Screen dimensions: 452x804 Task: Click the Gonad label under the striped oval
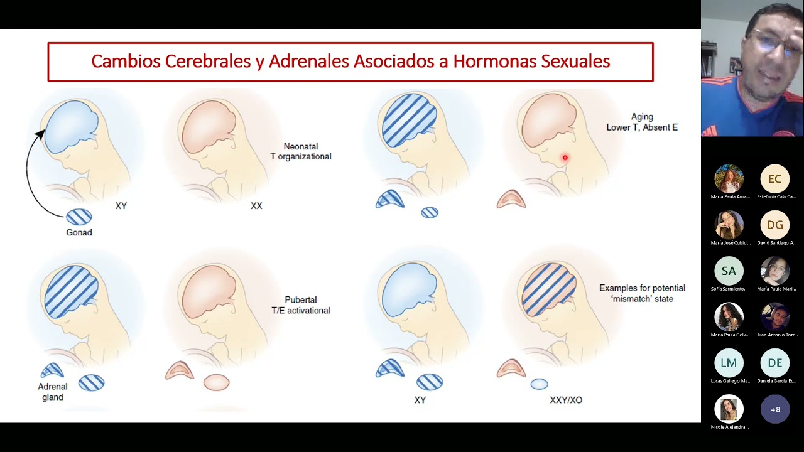[x=79, y=232]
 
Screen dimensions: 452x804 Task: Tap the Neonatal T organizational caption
[x=301, y=151]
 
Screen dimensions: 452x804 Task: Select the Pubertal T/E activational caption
[x=301, y=305]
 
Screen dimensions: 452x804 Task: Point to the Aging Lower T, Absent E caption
[x=642, y=122]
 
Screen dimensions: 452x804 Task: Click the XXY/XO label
[x=566, y=400]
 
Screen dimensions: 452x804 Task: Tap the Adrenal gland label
[x=53, y=392]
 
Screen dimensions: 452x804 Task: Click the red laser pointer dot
[x=565, y=158]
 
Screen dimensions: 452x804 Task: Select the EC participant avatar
[x=774, y=179]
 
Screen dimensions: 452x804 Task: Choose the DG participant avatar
[x=774, y=225]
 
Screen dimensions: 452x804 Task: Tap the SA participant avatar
[x=729, y=271]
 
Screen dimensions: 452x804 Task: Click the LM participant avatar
[x=729, y=363]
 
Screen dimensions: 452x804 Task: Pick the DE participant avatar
[x=774, y=363]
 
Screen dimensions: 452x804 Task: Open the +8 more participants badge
[x=774, y=409]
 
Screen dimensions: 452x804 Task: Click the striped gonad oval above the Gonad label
[x=79, y=217]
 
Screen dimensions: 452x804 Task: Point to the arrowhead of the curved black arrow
[x=41, y=133]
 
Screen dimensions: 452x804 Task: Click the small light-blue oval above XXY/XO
[x=539, y=384]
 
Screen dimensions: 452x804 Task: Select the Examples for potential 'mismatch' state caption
[x=642, y=293]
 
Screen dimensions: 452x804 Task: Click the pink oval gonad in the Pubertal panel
[x=216, y=382]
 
